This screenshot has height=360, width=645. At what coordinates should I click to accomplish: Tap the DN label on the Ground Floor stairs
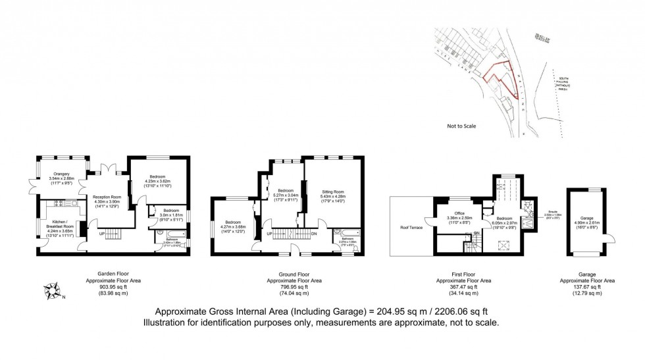[313, 233]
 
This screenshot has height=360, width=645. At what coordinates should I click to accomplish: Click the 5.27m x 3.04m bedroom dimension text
[287, 195]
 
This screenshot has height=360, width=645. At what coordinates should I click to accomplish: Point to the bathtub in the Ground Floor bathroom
[347, 232]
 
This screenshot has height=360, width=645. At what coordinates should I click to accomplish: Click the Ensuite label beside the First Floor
[552, 211]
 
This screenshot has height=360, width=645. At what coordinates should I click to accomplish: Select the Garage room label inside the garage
[587, 218]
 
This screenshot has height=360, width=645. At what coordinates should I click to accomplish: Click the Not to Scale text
[461, 126]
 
